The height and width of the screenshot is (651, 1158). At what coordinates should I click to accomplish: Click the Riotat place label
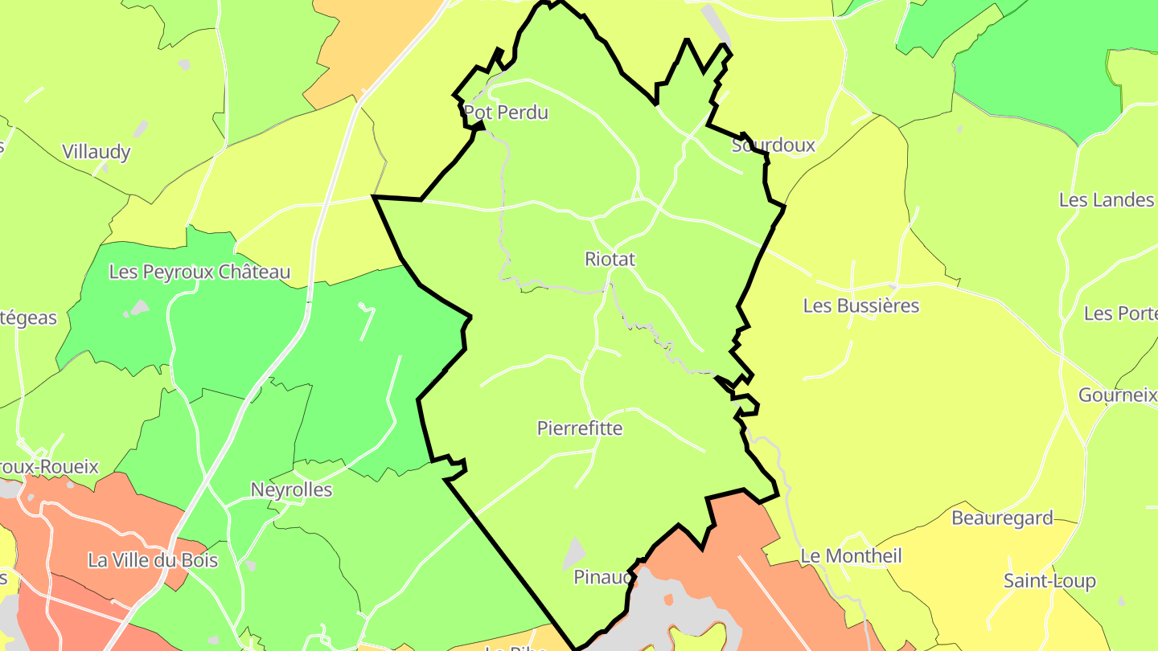(x=610, y=259)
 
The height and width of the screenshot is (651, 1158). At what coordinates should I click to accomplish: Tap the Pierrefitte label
(x=579, y=428)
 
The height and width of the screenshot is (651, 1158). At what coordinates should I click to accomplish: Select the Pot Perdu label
(x=506, y=113)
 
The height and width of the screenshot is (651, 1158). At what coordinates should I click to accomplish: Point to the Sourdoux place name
(x=773, y=145)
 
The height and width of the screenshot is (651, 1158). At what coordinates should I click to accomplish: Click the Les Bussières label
(x=860, y=306)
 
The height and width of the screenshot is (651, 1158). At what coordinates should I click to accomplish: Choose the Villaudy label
(x=96, y=152)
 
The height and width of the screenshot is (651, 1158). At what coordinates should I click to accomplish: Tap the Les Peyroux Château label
(x=199, y=272)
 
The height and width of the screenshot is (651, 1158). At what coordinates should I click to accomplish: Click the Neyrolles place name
(x=291, y=489)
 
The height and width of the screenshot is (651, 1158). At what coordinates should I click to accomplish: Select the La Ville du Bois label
(x=153, y=560)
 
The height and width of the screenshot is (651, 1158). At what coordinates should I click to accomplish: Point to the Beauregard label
(x=1002, y=518)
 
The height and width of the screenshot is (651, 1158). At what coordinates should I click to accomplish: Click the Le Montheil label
(x=851, y=556)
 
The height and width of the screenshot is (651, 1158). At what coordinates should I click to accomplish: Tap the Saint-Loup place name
(x=1049, y=581)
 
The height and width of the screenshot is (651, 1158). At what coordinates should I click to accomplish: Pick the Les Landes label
(x=1106, y=200)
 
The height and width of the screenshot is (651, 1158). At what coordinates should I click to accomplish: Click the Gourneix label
(x=1116, y=395)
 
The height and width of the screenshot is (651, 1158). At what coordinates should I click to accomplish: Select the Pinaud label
(x=600, y=577)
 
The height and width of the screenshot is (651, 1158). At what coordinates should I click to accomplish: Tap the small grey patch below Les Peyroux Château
(x=139, y=307)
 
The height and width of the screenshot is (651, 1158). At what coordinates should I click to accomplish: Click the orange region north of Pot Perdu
(x=362, y=48)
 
